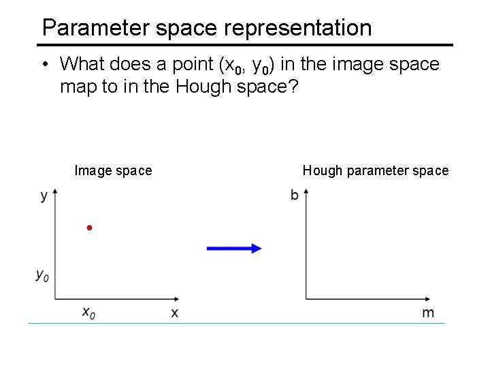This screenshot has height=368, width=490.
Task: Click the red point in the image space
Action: (x=88, y=228)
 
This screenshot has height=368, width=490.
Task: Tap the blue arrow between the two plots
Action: (x=233, y=249)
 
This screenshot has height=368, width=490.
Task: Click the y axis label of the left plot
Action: (x=44, y=196)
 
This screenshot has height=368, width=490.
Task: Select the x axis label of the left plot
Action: (x=175, y=313)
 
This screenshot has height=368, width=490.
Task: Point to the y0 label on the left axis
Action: (x=42, y=276)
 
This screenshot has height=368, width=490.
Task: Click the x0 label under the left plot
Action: (x=88, y=313)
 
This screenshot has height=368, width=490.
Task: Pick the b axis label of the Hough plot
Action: (x=295, y=196)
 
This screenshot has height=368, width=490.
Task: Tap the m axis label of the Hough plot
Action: (x=428, y=313)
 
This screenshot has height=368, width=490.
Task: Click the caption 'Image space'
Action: (x=113, y=170)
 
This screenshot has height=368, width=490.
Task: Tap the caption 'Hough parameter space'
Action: (x=376, y=170)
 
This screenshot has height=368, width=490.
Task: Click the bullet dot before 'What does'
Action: (x=44, y=65)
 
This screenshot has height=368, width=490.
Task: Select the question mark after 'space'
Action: (x=293, y=87)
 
